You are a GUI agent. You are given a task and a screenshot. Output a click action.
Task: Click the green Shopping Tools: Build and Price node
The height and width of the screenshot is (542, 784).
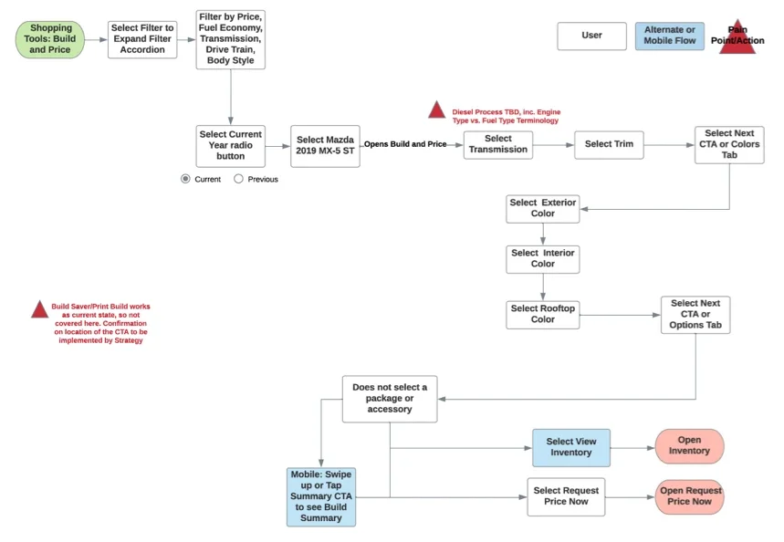pos(50,39)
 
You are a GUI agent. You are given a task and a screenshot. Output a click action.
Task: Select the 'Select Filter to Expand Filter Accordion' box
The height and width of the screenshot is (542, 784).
pos(142,39)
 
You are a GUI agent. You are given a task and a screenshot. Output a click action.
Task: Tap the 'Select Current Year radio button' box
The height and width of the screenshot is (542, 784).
pos(230,145)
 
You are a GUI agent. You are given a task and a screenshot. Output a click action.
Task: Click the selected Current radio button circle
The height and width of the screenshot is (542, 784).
pos(185,179)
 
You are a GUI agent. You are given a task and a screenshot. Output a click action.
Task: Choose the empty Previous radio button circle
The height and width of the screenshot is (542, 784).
pos(238,179)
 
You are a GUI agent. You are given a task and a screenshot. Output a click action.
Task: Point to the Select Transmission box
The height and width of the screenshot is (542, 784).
pos(497,144)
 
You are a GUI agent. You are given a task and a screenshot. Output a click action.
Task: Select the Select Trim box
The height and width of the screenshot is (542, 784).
pos(609,144)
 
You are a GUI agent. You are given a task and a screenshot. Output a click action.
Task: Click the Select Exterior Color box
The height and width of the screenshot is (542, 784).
pos(542,208)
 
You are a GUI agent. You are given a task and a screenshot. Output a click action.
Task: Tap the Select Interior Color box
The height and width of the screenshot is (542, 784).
pos(542,258)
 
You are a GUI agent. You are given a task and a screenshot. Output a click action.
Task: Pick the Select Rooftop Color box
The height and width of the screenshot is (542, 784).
pos(542,314)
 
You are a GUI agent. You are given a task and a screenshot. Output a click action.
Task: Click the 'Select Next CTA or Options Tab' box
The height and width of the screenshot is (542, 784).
pos(695,314)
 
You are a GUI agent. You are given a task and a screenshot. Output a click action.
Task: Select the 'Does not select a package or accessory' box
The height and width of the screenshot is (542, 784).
pos(389,399)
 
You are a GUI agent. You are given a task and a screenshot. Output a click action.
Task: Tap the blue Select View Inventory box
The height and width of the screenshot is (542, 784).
pos(570,447)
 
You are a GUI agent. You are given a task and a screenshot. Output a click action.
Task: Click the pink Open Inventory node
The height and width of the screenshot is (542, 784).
pos(689,446)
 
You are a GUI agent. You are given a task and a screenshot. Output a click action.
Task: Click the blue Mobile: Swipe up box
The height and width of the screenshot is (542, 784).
pos(320,496)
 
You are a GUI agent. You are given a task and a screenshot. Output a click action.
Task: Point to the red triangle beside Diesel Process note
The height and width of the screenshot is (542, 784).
pos(436,110)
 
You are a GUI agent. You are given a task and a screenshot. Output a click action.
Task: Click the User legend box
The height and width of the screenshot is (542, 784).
pos(591,36)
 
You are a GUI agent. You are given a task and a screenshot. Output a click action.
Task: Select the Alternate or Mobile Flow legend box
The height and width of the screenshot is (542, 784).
pos(669,36)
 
